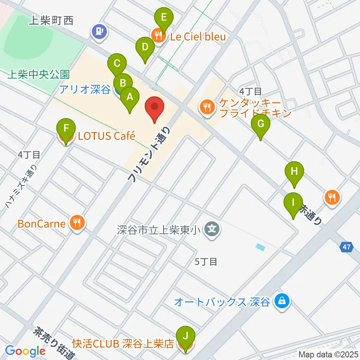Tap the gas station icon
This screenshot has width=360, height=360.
99,31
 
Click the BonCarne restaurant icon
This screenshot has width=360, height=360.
77,224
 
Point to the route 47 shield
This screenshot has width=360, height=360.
347,247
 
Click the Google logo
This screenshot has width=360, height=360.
25,351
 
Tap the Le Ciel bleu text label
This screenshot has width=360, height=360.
198,37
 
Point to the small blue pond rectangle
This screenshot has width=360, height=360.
260,247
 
